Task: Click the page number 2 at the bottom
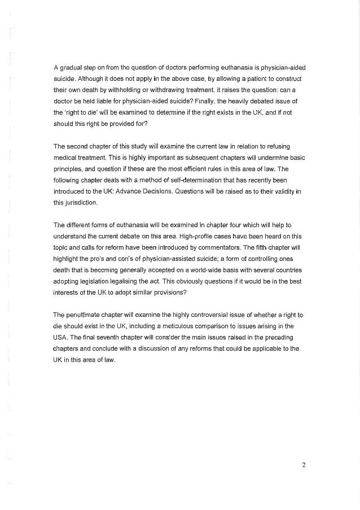point(303,465)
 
